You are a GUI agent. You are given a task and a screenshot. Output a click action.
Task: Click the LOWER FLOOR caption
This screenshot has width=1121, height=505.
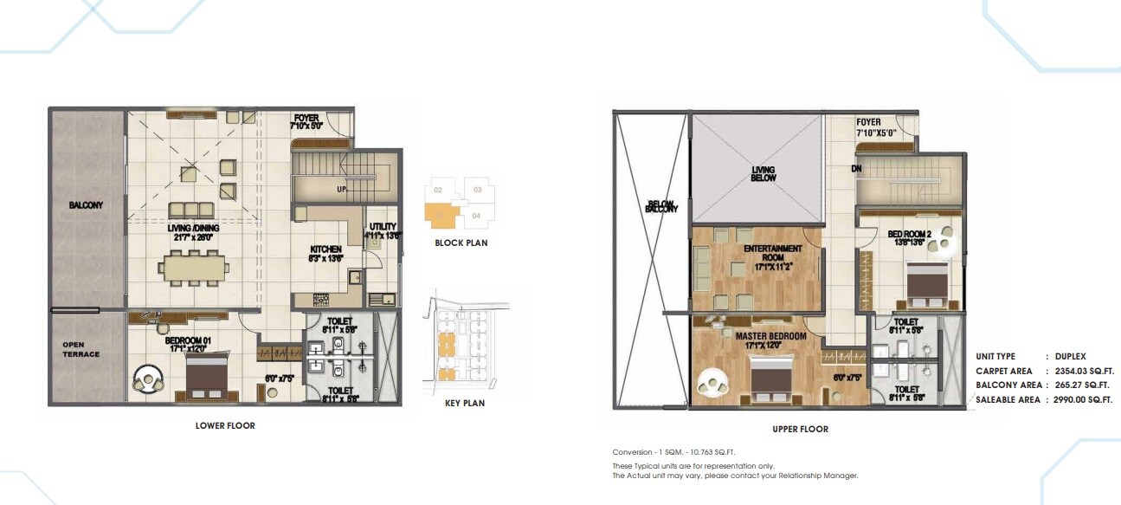coord(225,425)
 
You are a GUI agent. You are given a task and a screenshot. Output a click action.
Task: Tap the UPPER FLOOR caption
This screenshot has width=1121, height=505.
coord(800,429)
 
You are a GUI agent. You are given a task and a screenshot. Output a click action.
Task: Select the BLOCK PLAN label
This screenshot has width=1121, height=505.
coord(461,243)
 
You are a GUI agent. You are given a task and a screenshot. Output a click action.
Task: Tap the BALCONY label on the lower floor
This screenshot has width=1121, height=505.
coord(87,205)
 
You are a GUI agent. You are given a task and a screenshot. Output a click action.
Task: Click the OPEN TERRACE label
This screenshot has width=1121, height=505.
coord(81,349)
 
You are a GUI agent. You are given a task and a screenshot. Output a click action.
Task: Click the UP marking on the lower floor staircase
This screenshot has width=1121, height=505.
coord(342,188)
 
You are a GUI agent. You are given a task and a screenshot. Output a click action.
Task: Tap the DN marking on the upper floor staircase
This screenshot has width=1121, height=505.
coord(856,169)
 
